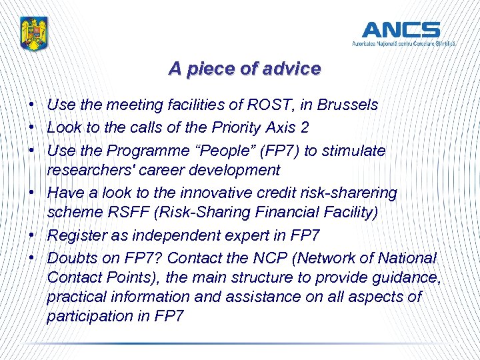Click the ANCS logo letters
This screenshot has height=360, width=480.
point(401,30)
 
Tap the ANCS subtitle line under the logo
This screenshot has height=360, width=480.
point(404,43)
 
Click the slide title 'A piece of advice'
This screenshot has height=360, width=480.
point(244,69)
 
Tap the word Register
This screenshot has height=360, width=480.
point(75,235)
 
